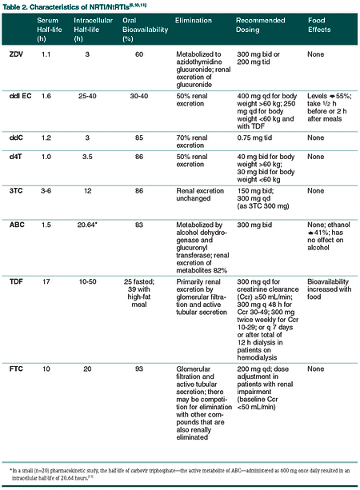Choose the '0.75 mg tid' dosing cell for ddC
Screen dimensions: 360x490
tap(257, 137)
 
